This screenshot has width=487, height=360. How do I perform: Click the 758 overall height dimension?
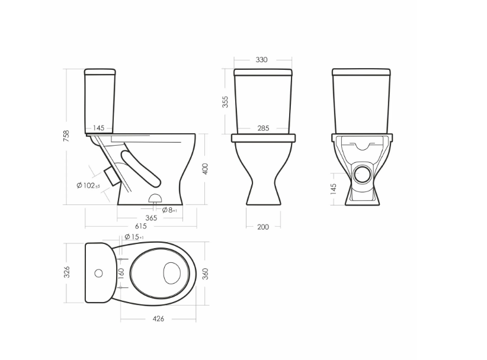pos(66,136)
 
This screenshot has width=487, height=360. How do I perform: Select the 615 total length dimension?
pos(140,226)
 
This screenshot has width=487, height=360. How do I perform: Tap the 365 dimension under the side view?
pos(151,218)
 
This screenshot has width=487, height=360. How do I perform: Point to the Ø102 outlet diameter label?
pos(88,185)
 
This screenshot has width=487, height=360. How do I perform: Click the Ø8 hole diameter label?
pos(169,210)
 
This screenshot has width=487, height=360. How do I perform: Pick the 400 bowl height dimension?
pos(205,169)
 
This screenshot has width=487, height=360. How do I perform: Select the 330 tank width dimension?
pos(261,60)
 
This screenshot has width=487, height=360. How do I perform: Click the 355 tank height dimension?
pos(225,102)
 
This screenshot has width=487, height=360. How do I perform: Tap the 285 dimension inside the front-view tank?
pos(263,128)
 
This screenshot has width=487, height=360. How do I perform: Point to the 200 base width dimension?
pos(263,227)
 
